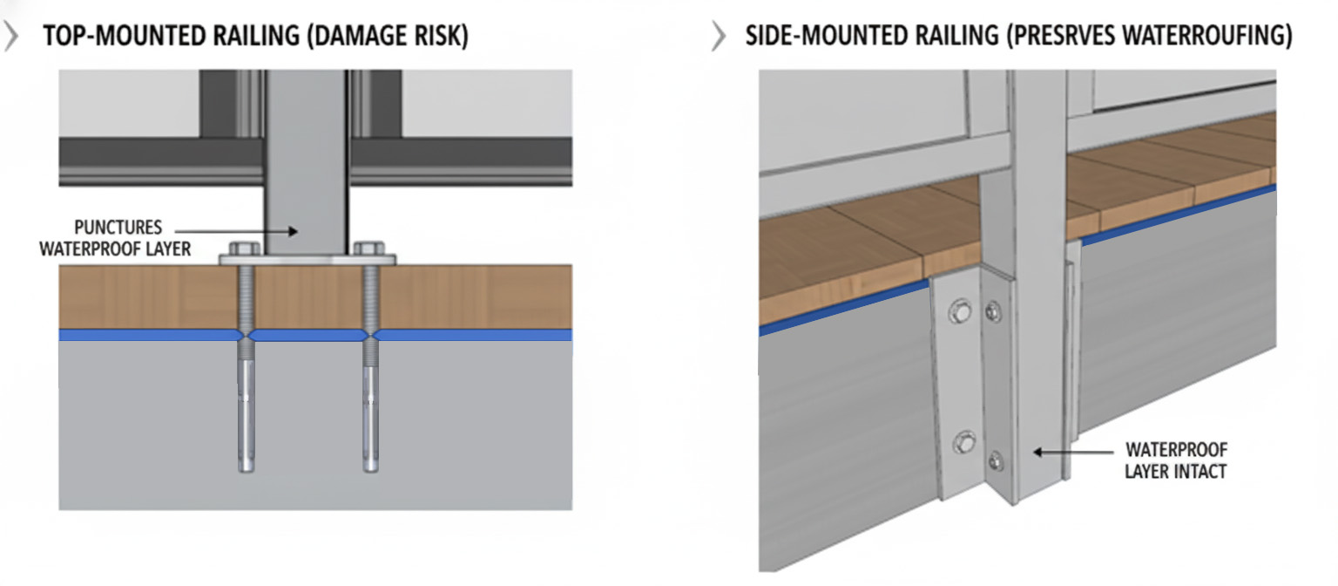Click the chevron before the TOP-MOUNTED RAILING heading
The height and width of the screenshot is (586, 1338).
(11, 36)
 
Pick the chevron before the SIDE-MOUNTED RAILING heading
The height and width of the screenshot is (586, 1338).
(719, 36)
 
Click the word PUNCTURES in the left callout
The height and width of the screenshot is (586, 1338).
(118, 228)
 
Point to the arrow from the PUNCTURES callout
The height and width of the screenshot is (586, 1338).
(236, 231)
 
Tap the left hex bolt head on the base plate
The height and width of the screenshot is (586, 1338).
(244, 249)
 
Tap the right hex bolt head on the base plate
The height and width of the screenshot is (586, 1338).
(368, 249)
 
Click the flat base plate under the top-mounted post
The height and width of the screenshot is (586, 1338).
(307, 260)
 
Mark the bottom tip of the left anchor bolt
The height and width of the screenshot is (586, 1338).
(247, 472)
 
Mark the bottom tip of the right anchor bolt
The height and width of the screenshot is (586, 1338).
(370, 472)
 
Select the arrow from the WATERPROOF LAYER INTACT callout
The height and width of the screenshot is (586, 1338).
(1073, 452)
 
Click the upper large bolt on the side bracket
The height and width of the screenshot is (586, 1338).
(960, 311)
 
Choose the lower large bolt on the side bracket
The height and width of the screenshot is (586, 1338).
(963, 443)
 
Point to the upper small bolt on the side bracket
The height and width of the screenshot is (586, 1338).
(993, 311)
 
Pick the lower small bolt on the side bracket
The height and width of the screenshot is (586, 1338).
(995, 461)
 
